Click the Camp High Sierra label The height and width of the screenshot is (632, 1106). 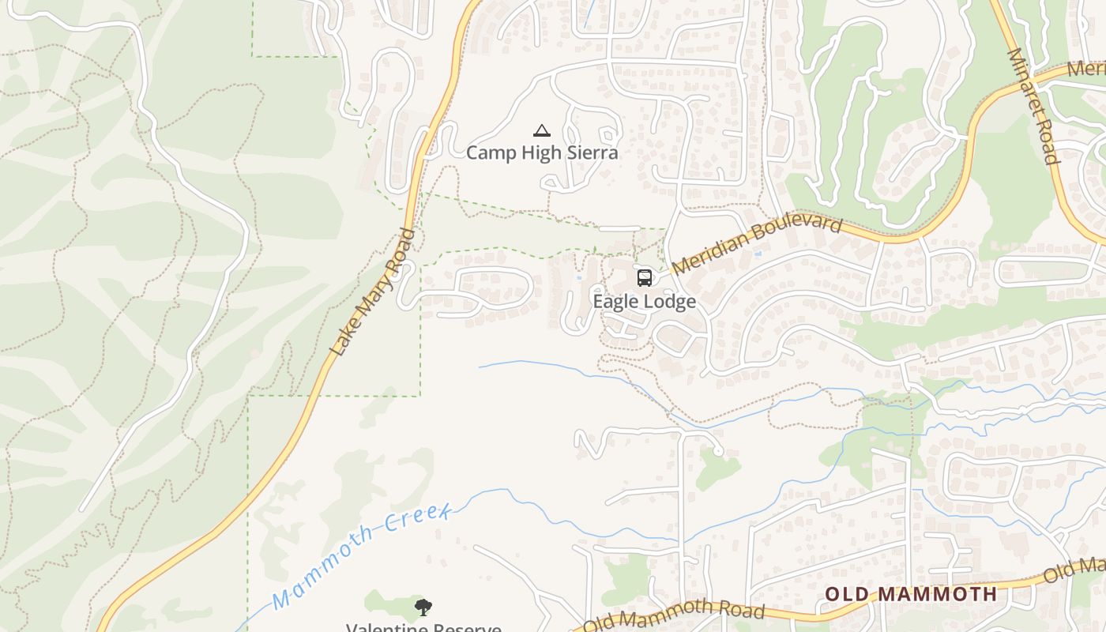pos(542,152)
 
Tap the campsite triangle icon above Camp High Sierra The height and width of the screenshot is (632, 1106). pos(542,130)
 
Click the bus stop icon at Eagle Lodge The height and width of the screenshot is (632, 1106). pos(645,278)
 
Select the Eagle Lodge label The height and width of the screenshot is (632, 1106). pos(645,302)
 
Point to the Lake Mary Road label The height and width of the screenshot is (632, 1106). pos(372,293)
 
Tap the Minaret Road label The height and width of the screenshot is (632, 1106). pos(1033,106)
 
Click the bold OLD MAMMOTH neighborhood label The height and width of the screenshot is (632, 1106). pos(911,594)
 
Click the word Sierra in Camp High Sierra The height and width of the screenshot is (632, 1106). pos(589,152)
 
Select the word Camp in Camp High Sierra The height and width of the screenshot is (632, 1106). pos(487,152)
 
